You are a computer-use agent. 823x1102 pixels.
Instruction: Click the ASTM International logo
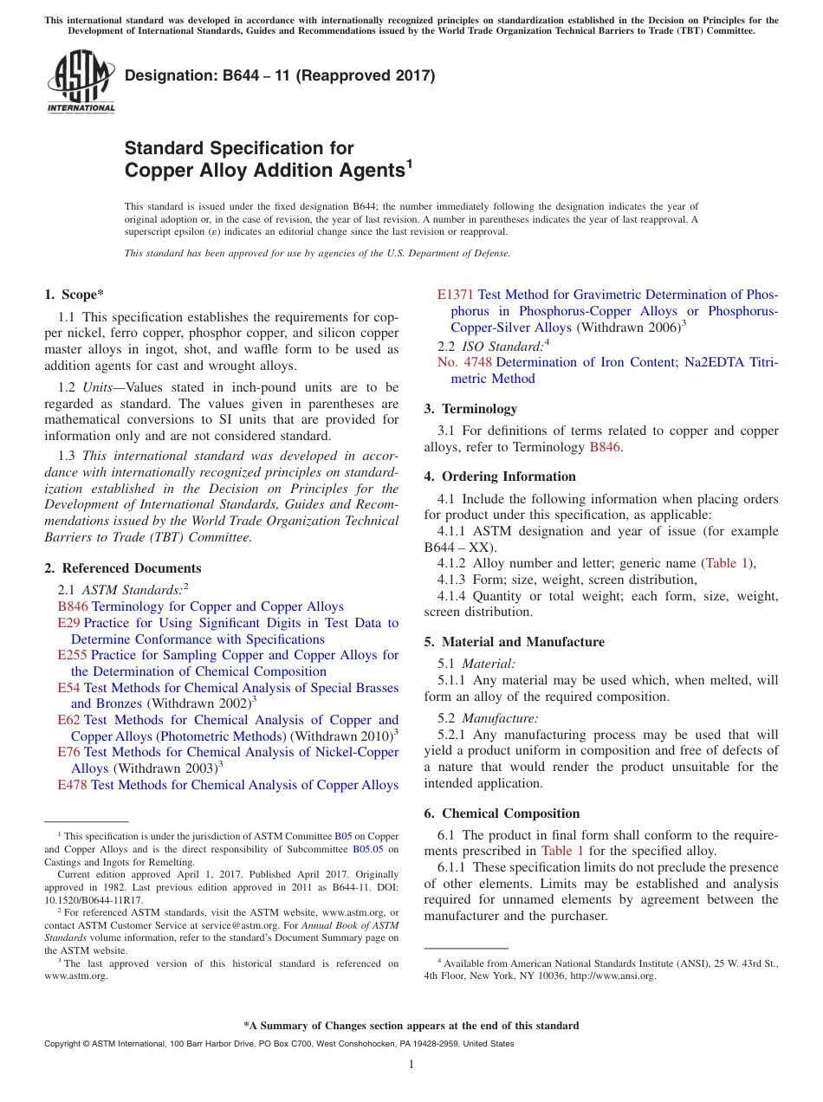point(80,81)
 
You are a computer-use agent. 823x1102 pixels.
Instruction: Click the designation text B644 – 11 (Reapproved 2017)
point(280,75)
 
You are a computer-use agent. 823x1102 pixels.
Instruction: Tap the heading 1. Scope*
point(75,295)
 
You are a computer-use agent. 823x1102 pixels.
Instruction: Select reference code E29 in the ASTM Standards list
point(68,623)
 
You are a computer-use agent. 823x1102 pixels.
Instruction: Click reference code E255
point(72,655)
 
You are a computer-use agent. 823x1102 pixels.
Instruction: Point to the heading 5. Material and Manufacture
point(515,642)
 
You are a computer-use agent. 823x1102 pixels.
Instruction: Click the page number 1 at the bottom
point(411,1064)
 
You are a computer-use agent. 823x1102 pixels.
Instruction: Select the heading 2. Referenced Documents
point(122,568)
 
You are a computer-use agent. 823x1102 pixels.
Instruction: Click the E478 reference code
point(72,785)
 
